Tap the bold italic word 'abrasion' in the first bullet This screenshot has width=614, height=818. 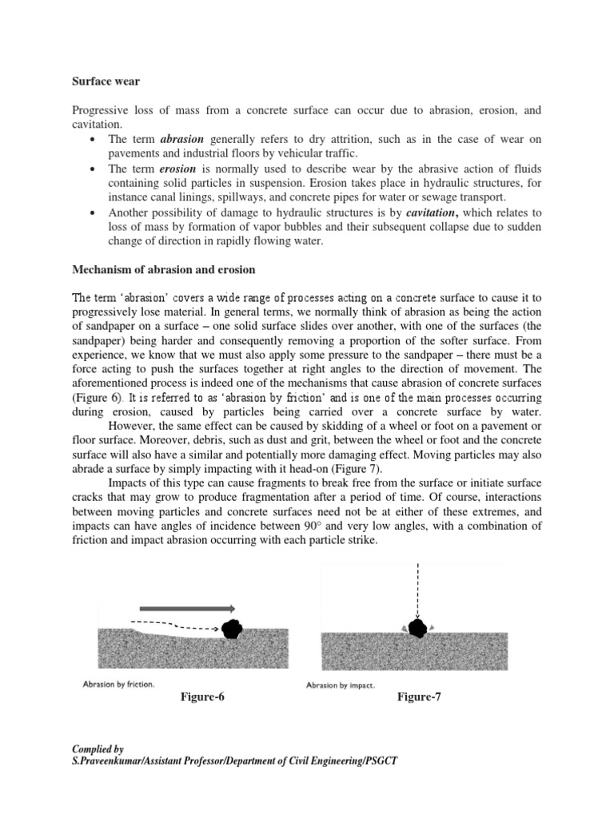pyautogui.click(x=183, y=139)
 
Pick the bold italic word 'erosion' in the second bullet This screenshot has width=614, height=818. pyautogui.click(x=178, y=169)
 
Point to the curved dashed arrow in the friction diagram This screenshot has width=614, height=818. pyautogui.click(x=172, y=625)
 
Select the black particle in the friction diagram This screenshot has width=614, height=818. pyautogui.click(x=232, y=629)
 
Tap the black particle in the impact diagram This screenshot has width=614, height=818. pyautogui.click(x=417, y=628)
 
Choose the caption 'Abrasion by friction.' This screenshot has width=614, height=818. pyautogui.click(x=118, y=685)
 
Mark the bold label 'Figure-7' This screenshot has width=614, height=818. pyautogui.click(x=419, y=697)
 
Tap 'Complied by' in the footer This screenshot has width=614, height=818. pyautogui.click(x=98, y=749)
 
